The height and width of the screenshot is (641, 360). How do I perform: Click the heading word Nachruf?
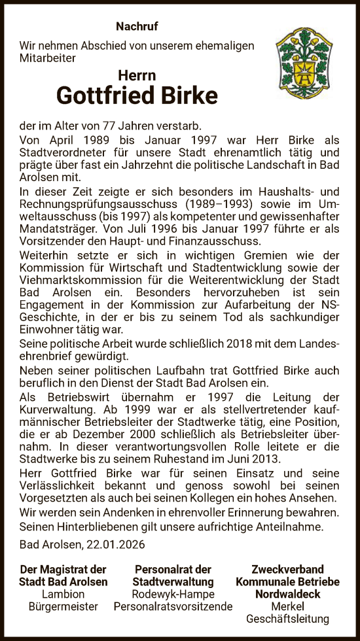click(137, 27)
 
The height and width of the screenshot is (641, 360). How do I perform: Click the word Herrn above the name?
click(137, 75)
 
